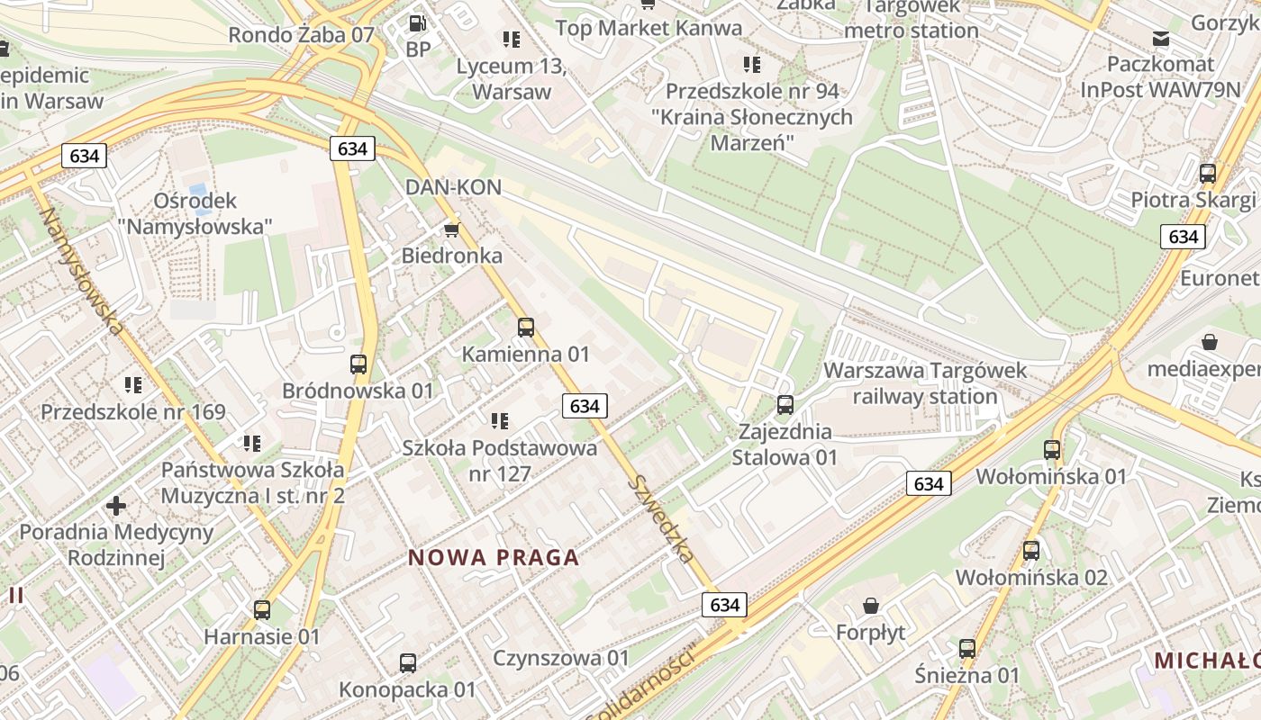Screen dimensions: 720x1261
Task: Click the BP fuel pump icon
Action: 417,23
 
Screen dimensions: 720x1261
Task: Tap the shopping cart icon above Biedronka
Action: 451,229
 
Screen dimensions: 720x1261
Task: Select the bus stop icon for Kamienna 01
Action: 526,328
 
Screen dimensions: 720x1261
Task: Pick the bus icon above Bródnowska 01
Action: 358,364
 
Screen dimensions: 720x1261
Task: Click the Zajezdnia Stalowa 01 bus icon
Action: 785,405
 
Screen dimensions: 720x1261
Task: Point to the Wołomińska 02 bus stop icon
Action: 1031,551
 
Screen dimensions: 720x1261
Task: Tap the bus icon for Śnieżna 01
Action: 967,648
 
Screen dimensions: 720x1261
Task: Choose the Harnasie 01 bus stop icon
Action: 262,610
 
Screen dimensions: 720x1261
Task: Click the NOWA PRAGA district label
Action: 494,558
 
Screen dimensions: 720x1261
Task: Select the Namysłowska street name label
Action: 80,271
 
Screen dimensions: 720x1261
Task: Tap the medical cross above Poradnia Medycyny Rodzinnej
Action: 116,505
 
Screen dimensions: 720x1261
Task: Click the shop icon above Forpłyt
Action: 870,605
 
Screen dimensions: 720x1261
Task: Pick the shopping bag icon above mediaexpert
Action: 1210,342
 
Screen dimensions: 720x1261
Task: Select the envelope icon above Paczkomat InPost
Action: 1161,38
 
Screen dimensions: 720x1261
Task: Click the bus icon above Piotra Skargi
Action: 1208,174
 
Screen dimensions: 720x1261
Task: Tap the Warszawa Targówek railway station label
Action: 925,383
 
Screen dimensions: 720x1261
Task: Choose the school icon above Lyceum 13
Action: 512,40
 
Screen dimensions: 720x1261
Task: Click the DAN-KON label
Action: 453,187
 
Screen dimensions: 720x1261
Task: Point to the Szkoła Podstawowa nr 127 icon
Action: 500,420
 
